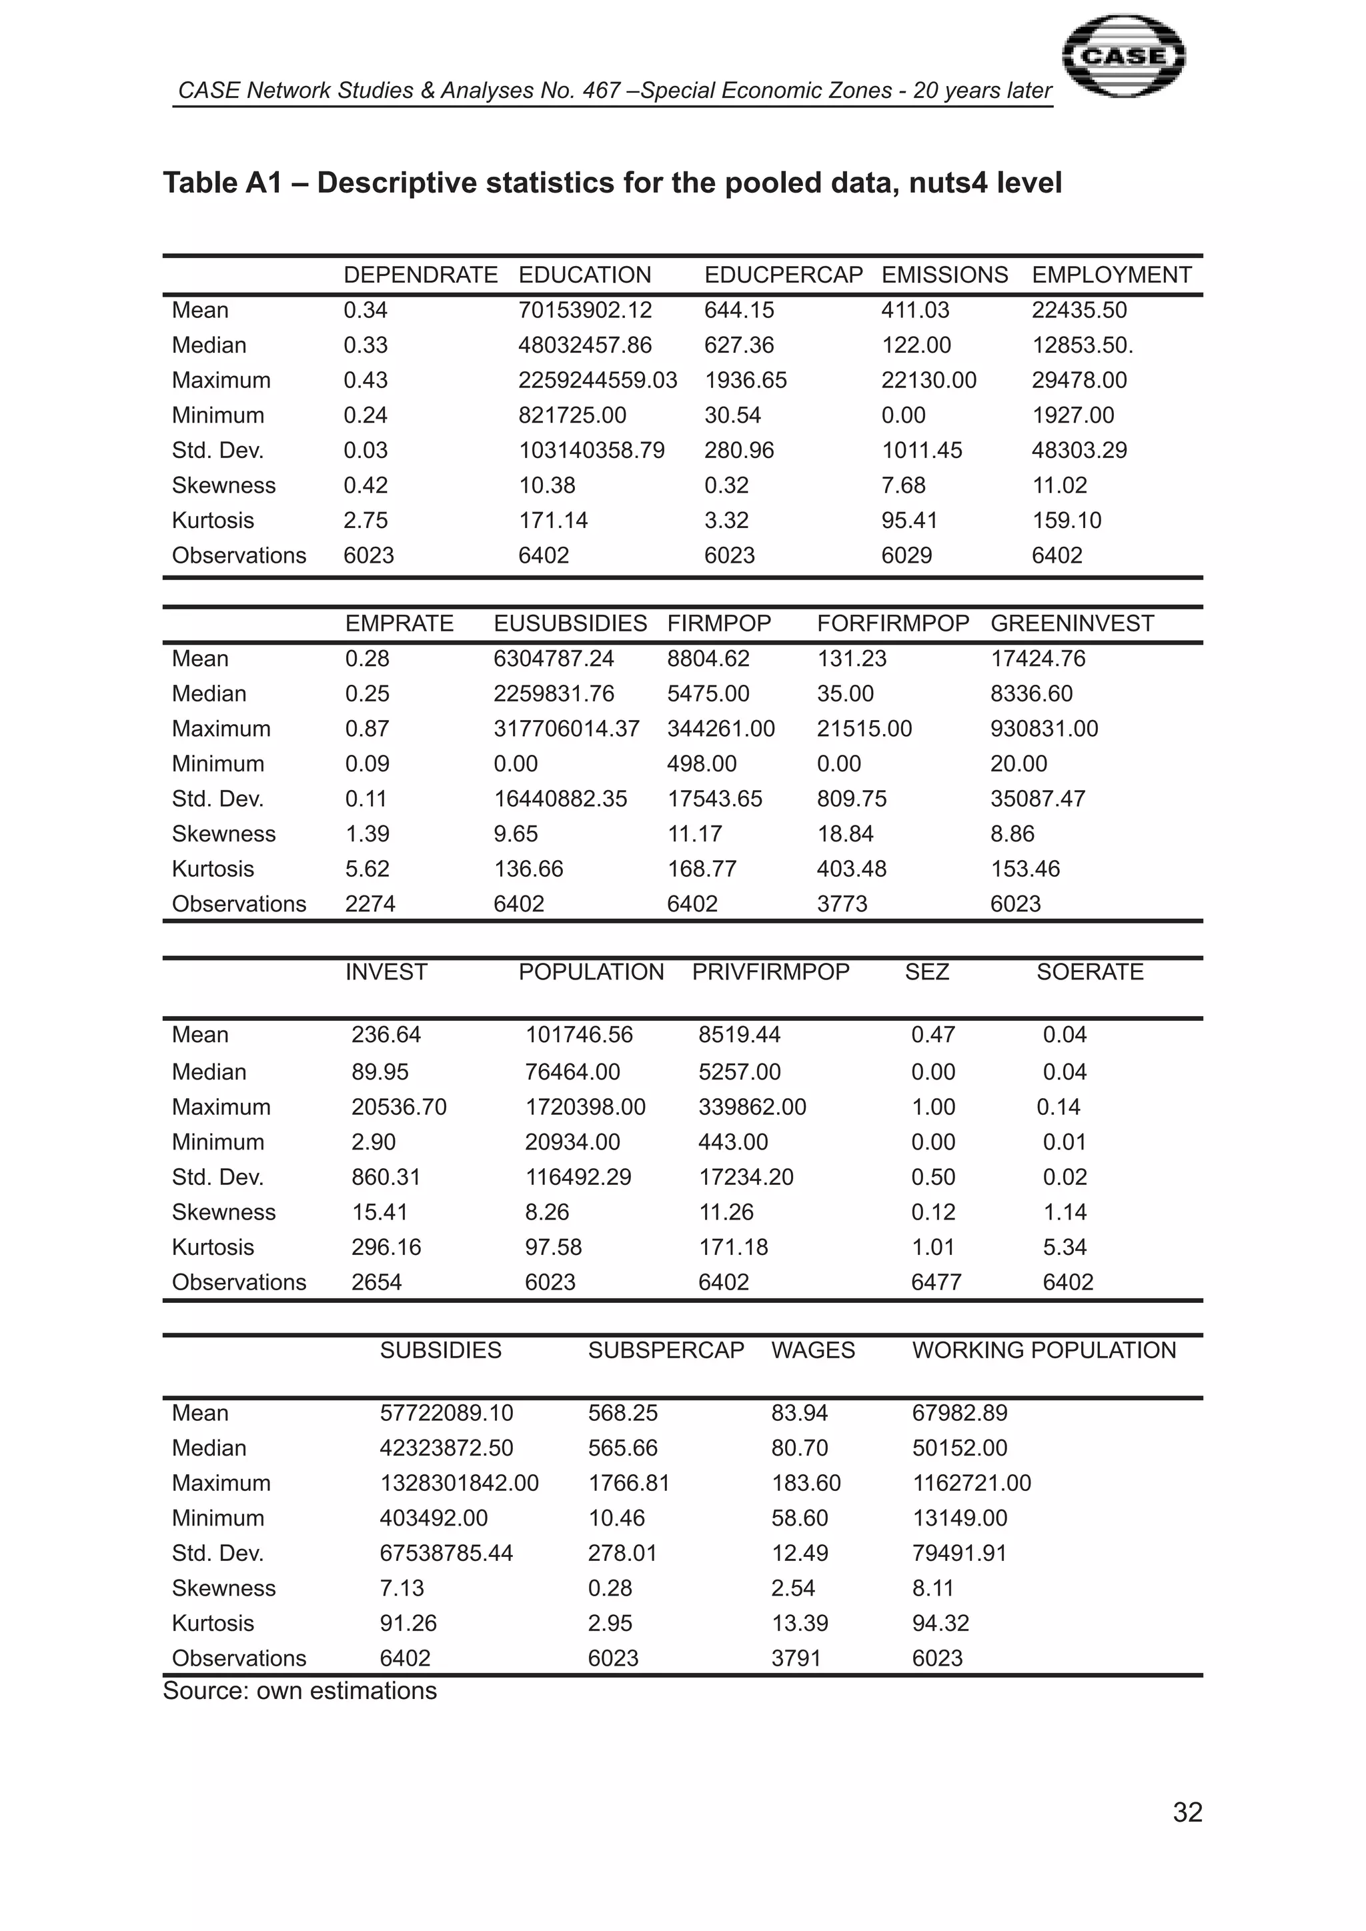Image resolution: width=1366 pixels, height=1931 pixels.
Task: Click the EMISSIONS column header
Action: point(944,275)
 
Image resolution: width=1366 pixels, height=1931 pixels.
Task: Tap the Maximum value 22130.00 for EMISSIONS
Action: point(928,380)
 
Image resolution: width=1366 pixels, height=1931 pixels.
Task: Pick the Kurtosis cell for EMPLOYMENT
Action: point(1066,521)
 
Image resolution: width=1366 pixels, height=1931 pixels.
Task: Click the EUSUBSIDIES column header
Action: point(570,623)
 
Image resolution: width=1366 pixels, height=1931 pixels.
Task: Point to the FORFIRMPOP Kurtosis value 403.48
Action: point(851,869)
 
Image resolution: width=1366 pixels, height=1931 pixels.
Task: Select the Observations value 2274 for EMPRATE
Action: point(370,904)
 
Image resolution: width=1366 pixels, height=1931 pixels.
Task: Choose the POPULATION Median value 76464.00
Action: point(572,1072)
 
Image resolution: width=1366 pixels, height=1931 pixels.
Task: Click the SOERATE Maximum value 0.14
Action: point(1058,1107)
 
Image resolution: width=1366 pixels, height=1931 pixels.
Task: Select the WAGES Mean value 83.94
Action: point(799,1413)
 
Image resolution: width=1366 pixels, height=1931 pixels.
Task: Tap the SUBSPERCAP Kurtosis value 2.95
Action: point(610,1623)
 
